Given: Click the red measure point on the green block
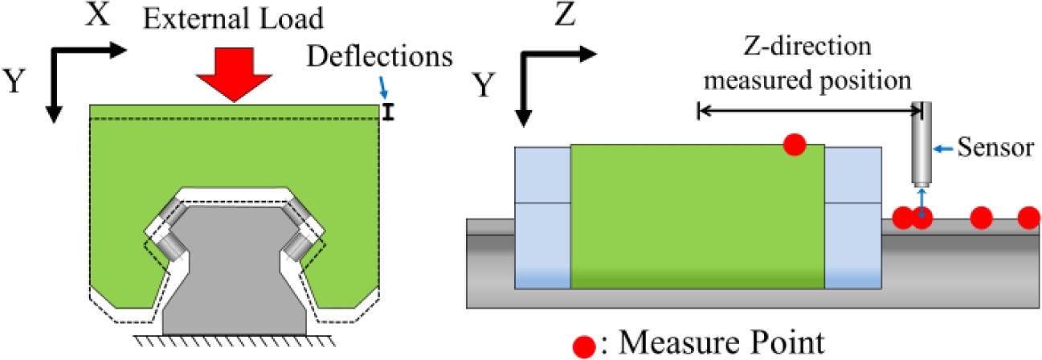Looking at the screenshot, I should (794, 145).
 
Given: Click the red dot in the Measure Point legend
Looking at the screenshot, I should (586, 345).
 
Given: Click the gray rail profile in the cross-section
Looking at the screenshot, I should (234, 273).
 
